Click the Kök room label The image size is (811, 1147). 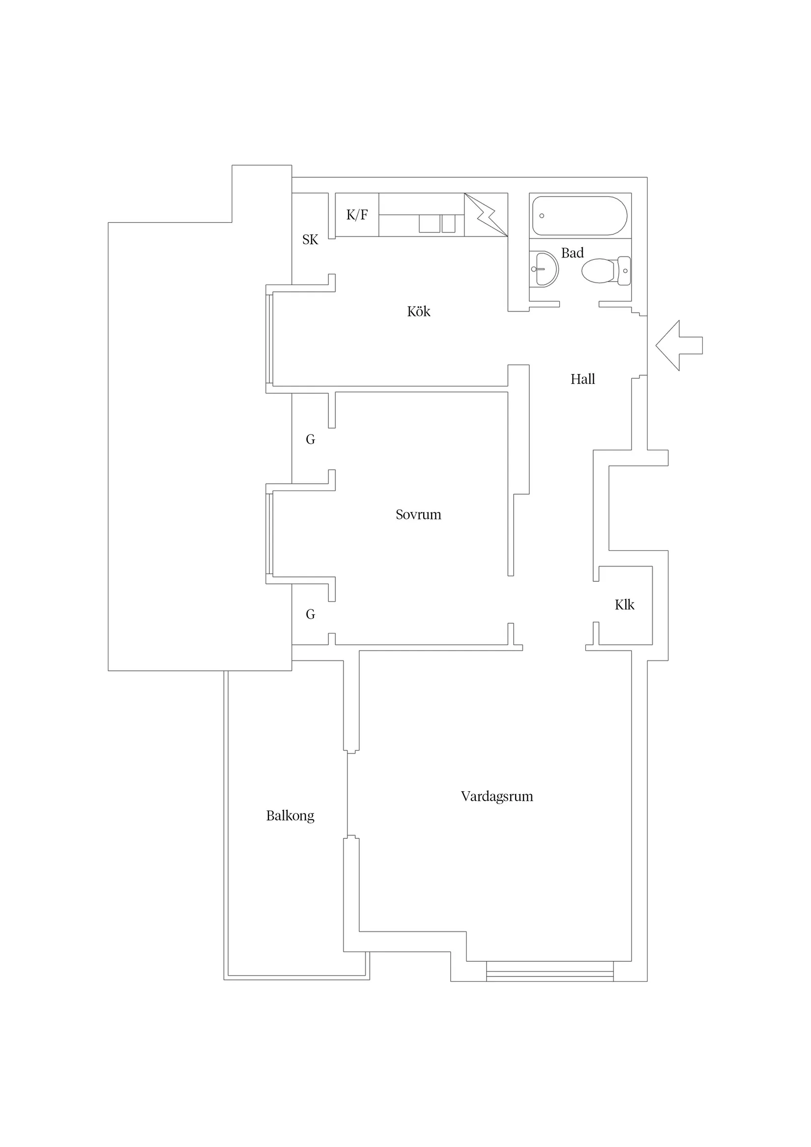418,312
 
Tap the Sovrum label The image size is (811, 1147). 418,515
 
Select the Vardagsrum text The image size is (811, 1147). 497,796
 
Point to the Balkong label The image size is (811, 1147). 290,816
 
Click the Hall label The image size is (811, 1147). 582,379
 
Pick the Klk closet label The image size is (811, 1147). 624,605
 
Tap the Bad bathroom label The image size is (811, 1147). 572,253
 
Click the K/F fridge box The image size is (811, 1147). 357,215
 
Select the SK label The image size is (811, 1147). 310,240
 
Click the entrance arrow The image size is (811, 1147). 679,345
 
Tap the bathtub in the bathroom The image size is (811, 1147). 579,216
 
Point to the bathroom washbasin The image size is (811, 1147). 544,269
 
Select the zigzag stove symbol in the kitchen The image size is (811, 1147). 486,215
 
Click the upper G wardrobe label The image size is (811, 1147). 310,440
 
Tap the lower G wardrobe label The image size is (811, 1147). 310,614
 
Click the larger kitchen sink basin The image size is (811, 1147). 429,223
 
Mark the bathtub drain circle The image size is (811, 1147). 542,216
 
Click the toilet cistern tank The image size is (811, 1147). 624,271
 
